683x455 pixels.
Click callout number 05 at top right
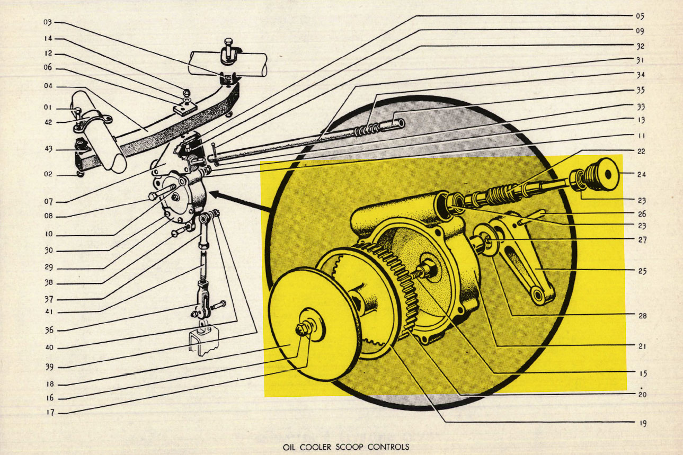[x=640, y=16]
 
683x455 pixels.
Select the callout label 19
[x=643, y=423]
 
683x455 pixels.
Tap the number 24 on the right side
[x=642, y=174]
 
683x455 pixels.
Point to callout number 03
[x=48, y=22]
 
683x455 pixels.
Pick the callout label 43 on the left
[x=48, y=149]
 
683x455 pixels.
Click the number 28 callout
[x=642, y=316]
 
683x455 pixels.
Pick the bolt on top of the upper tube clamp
[x=229, y=47]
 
